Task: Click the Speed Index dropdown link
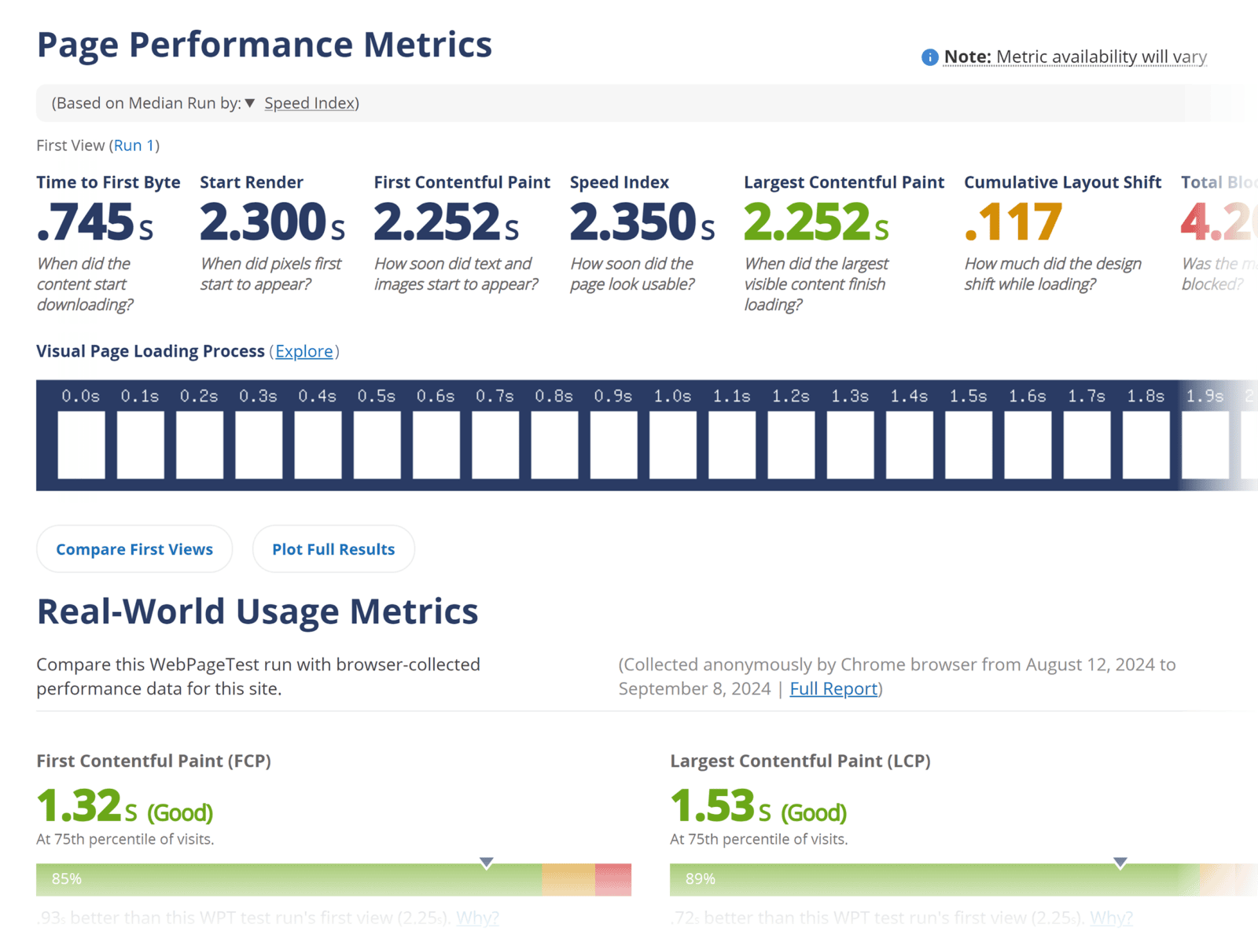[310, 103]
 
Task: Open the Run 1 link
[134, 145]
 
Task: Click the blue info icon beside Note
[929, 57]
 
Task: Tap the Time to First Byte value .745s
[94, 222]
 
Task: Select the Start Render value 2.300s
[271, 222]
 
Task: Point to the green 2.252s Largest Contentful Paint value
[815, 222]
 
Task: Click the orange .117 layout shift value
[1013, 222]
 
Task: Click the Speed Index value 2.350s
[642, 222]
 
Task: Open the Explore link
[303, 351]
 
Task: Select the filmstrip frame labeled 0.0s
[81, 444]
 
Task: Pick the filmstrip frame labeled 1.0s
[673, 444]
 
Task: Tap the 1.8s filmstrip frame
[1146, 444]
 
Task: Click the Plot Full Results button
[333, 549]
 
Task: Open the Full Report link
[833, 689]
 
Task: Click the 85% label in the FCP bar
[67, 879]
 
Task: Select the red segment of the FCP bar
[613, 880]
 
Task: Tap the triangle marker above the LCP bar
[1120, 863]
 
